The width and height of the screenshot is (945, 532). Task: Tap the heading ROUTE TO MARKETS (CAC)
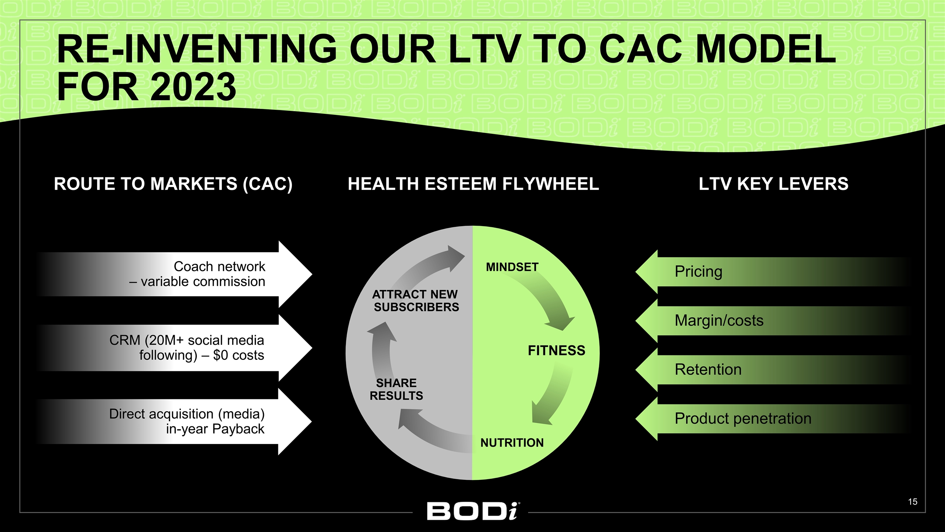(x=173, y=184)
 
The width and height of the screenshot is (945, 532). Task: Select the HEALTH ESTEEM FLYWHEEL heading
(x=473, y=184)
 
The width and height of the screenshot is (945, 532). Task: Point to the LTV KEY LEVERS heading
(x=773, y=184)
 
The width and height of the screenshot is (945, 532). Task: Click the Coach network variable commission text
(x=197, y=274)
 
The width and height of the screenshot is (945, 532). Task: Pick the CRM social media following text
(x=187, y=348)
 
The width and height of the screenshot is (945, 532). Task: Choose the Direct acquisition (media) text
(x=187, y=421)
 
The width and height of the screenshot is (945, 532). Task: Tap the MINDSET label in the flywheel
(x=512, y=267)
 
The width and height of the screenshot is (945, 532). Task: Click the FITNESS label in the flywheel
(x=556, y=350)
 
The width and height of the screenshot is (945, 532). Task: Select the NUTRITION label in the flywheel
(x=512, y=443)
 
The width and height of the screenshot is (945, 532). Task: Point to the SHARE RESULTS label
(x=396, y=389)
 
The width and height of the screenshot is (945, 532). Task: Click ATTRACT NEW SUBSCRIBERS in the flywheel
(x=416, y=301)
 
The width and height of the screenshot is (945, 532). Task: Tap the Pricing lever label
(x=698, y=272)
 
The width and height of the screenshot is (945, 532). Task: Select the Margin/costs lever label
(x=719, y=321)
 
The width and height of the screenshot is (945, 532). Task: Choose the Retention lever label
(x=708, y=369)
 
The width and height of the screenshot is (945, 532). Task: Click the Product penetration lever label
(x=743, y=419)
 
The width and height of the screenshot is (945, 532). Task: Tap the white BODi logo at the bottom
(x=474, y=511)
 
